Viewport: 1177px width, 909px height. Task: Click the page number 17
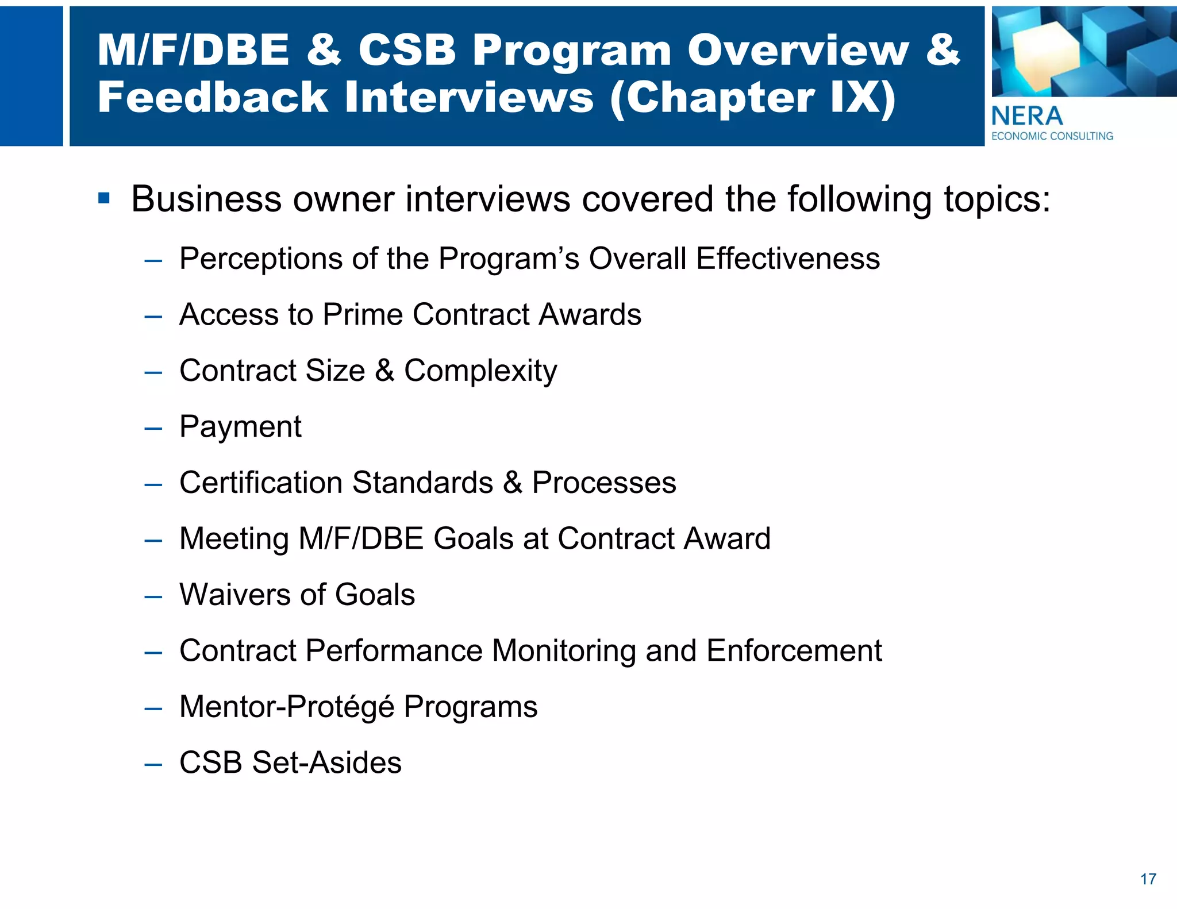(1148, 879)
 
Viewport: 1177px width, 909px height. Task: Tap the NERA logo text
(1027, 116)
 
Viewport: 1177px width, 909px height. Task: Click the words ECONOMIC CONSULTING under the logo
(1052, 136)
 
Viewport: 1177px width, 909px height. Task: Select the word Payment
(240, 427)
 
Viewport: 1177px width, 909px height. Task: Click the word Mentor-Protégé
(287, 707)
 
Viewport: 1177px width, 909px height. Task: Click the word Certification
(261, 482)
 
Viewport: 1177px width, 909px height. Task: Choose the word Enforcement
(794, 650)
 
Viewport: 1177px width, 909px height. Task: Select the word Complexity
(480, 371)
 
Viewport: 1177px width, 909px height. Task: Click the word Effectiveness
(788, 259)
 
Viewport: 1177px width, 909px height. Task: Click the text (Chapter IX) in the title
(753, 98)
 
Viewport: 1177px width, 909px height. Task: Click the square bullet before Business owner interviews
(104, 199)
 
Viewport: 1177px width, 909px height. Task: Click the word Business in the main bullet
(206, 199)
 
